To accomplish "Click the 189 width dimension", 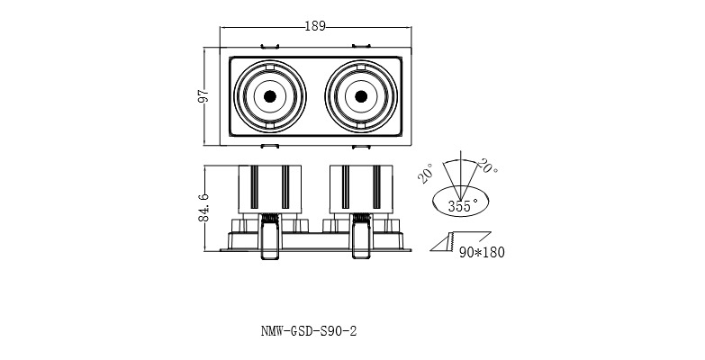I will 315,26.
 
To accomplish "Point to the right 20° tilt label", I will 489,166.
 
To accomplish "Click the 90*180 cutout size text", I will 482,252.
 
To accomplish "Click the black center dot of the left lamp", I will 268,95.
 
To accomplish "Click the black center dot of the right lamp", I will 360,95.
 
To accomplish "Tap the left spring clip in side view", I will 268,238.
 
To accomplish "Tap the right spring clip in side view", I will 360,238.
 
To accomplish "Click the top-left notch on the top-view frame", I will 268,45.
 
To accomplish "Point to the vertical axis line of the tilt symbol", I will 461,176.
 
